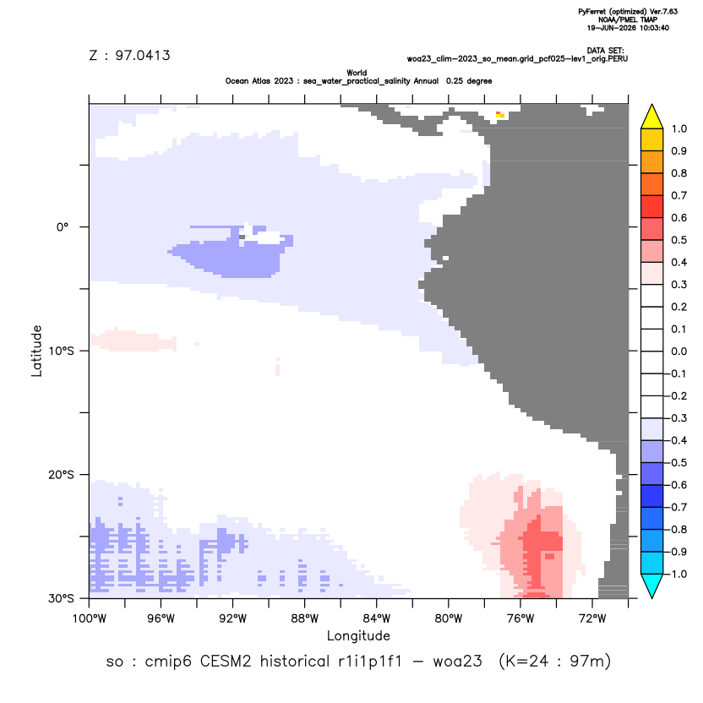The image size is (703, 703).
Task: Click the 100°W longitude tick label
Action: point(90,619)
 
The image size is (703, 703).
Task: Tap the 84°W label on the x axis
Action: point(377,619)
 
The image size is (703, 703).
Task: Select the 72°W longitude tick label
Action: point(592,619)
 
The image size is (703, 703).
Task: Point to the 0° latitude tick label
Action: point(63,227)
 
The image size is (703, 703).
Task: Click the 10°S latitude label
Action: point(61,351)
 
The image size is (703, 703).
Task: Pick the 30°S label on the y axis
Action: point(61,598)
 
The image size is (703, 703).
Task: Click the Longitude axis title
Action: point(358,635)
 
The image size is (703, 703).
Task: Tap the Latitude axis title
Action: point(36,351)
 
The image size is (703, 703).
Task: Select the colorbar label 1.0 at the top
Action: point(678,129)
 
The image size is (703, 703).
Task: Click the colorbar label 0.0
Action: point(678,351)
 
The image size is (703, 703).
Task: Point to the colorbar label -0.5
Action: point(677,463)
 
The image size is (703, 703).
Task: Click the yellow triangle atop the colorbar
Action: point(652,117)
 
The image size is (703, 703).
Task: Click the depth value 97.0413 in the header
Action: point(143,56)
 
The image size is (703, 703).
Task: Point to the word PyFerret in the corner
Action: point(592,12)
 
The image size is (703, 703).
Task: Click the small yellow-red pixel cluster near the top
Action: point(500,115)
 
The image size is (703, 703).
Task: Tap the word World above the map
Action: point(357,73)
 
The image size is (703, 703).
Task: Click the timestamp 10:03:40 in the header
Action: point(654,28)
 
